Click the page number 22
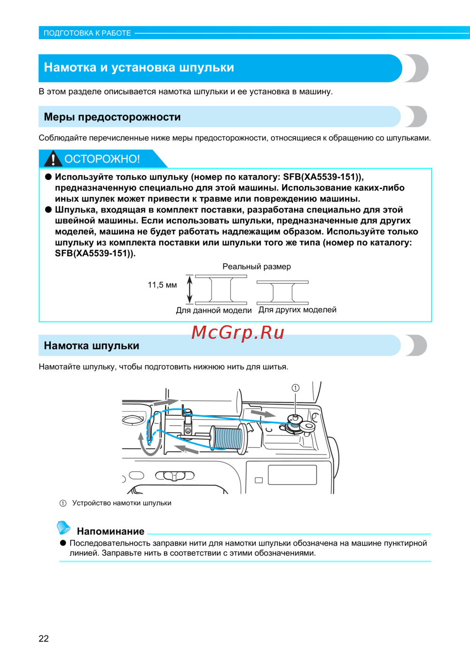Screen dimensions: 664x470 pos(44,638)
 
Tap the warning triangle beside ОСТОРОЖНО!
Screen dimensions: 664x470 pos(53,159)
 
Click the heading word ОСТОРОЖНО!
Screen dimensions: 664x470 pos(102,159)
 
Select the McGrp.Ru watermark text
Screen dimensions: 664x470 pos(238,332)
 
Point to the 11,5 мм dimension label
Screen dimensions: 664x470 pos(162,285)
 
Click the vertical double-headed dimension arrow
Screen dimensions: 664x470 pos(190,289)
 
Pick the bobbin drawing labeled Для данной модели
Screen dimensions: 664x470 pos(221,289)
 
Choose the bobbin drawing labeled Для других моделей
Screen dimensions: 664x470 pos(282,292)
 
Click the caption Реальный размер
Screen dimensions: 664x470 pos(257,266)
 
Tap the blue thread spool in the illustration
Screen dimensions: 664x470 pos(228,438)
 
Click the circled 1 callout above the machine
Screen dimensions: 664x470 pos(295,388)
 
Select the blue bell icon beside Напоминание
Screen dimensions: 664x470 pos(63,528)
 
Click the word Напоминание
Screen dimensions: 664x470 pos(110,531)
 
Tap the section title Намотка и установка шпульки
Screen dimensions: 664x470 pos(139,68)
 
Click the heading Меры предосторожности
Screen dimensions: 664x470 pos(112,117)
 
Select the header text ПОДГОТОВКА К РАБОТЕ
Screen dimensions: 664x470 pos(87,33)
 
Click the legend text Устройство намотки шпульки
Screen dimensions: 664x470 pos(122,503)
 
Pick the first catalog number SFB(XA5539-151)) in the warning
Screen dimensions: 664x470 pos(323,177)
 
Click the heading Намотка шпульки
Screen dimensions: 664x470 pos(92,346)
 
